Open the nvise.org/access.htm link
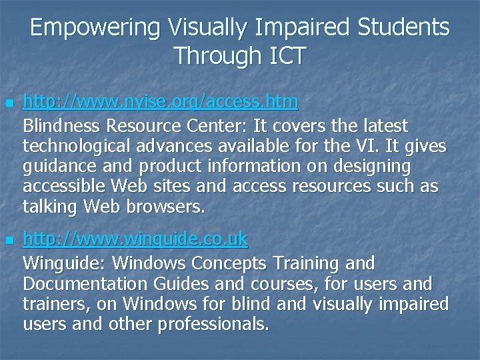tap(161, 102)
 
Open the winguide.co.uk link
tap(135, 238)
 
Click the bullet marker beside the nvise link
tap(7, 103)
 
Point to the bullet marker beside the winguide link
tap(7, 239)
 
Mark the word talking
tap(50, 208)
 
